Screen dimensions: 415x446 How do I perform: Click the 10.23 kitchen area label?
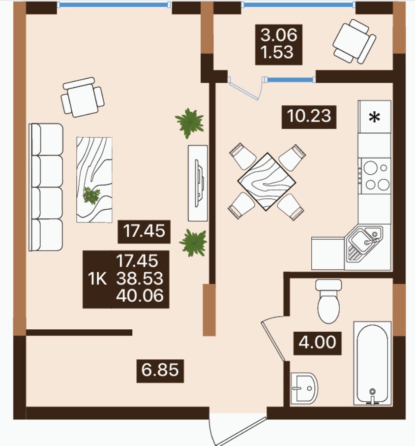[309, 117]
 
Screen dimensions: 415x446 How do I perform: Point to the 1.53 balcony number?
[277, 53]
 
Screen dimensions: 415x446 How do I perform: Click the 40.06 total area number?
[140, 295]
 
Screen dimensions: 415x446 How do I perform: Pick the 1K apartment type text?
[97, 279]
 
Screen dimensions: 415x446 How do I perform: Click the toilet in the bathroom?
[328, 301]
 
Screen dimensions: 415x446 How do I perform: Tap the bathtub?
[372, 363]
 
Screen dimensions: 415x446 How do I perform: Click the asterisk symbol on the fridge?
[374, 117]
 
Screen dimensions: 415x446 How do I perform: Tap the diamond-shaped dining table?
[267, 182]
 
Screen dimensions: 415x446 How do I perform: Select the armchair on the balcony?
[354, 41]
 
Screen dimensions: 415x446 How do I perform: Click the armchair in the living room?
[83, 97]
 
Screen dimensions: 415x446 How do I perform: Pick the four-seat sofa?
[46, 187]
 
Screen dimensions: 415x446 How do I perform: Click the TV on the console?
[200, 183]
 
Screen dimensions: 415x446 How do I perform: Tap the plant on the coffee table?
[91, 196]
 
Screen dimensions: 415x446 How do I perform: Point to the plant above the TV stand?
[189, 123]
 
